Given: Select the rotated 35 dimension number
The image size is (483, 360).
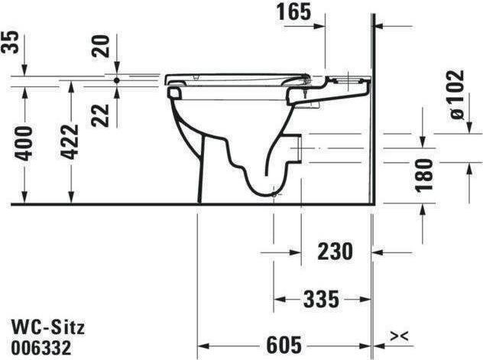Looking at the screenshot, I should (11, 41).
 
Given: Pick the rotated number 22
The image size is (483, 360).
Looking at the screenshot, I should (102, 114).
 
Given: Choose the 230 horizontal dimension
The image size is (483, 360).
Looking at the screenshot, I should (334, 250).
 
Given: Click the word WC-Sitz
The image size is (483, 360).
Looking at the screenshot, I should (48, 327).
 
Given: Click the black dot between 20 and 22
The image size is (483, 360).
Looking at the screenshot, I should (116, 79).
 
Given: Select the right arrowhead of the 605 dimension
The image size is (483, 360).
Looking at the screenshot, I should (365, 343).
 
